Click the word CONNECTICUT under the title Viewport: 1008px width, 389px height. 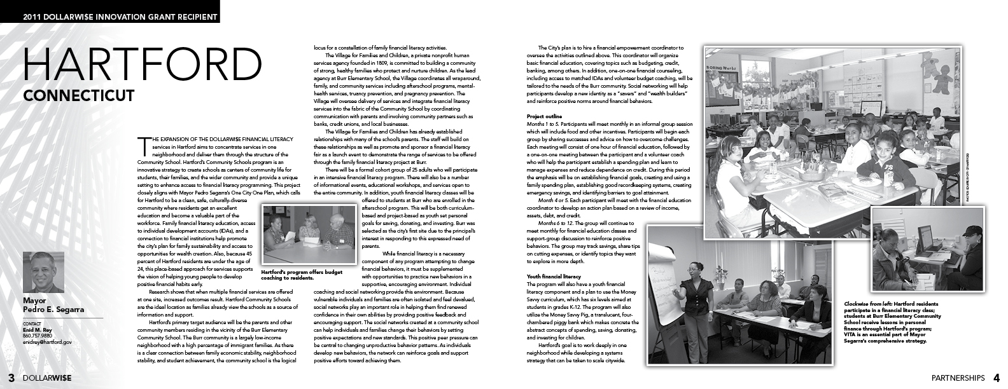(79, 95)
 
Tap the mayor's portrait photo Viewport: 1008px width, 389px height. (43, 272)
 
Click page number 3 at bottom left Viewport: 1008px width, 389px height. (10, 377)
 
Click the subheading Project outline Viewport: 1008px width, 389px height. (544, 115)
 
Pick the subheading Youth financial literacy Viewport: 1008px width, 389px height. (554, 276)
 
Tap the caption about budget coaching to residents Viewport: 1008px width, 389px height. (302, 275)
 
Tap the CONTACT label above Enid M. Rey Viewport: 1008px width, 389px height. (32, 324)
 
